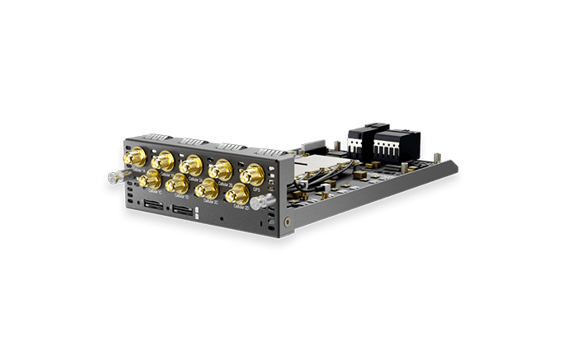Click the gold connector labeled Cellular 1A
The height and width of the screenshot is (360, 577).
pos(132,157)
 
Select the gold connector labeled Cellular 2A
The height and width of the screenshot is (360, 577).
pos(191,163)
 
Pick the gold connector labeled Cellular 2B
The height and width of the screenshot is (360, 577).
pos(220,169)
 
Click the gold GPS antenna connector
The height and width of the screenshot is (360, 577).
pos(251,175)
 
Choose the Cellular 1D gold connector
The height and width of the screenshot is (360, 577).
pos(176,183)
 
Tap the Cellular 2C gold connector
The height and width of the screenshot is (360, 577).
pos(206,189)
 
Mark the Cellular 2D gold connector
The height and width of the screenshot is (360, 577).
pos(236,194)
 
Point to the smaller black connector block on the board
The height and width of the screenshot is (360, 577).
pos(355,142)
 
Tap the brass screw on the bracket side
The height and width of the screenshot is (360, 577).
pos(285,221)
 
